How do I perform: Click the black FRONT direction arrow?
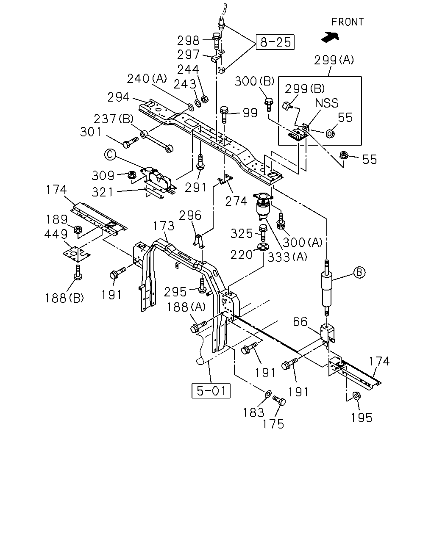(x=330, y=37)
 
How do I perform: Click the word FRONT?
(x=348, y=22)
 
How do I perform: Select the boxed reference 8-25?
(x=275, y=42)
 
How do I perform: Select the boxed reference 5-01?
(x=211, y=391)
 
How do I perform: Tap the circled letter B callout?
(x=359, y=272)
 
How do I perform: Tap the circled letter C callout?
(x=110, y=155)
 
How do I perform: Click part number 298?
(x=188, y=40)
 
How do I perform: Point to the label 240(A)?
(x=147, y=79)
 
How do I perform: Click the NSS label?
(x=327, y=103)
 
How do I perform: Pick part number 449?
(x=56, y=234)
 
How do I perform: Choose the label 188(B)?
(x=64, y=298)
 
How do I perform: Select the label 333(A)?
(x=287, y=257)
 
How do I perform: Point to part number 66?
(x=300, y=322)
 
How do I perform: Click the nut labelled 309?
(x=131, y=174)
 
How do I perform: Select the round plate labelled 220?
(x=263, y=247)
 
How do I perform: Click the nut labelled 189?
(x=78, y=230)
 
